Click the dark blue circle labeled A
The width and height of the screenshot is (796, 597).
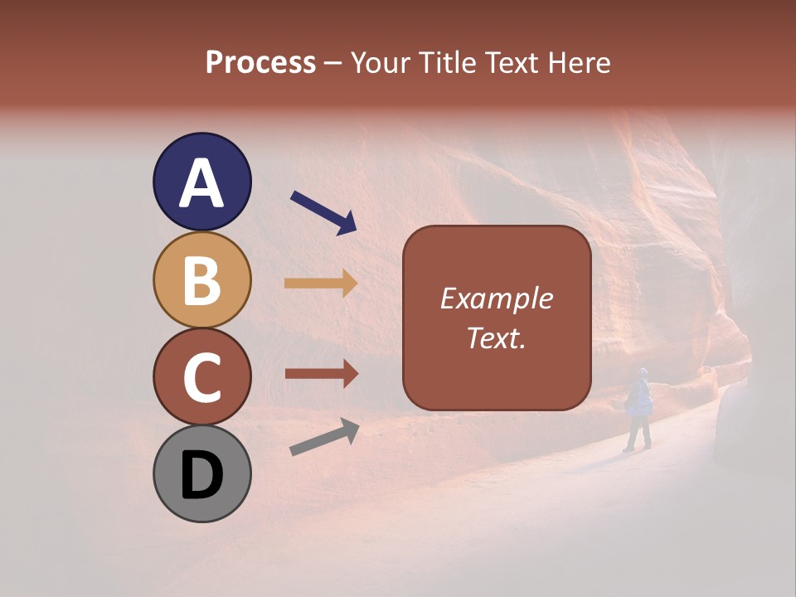(201, 182)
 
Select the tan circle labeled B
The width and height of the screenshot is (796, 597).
(201, 279)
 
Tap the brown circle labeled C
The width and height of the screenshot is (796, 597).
(201, 376)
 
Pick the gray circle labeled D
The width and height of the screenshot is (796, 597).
(201, 473)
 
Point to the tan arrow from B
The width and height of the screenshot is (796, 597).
(321, 284)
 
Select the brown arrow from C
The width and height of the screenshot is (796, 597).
(321, 374)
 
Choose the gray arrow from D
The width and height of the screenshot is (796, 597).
(324, 437)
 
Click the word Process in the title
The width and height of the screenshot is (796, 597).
(260, 63)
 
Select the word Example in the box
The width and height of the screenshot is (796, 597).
(496, 298)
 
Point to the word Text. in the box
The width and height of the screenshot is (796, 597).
(496, 337)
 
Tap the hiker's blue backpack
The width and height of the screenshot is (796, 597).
(639, 397)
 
